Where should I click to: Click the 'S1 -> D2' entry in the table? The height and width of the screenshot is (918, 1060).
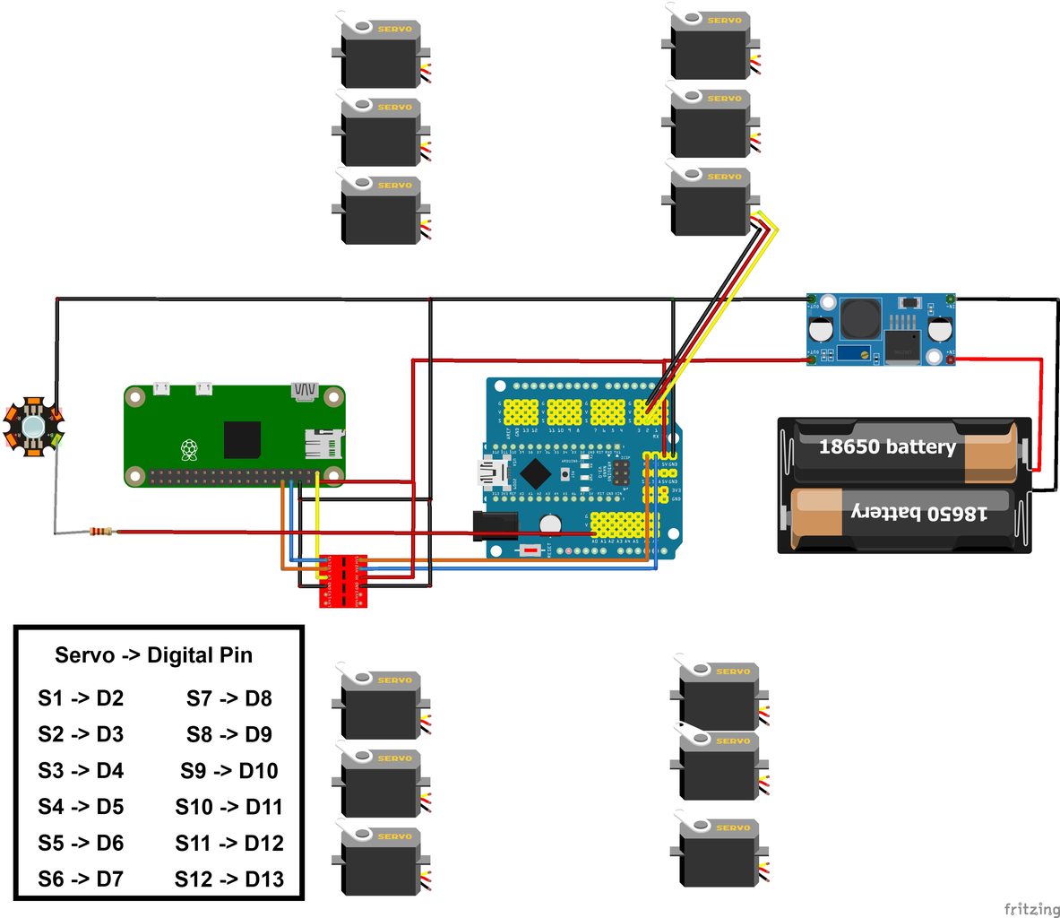pos(81,698)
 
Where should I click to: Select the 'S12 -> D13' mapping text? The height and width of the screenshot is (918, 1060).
pos(229,879)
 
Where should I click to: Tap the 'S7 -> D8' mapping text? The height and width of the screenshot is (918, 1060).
pos(229,698)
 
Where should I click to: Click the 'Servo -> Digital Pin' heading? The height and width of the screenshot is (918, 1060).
pos(153,655)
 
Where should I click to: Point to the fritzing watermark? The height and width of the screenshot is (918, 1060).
pos(1030,909)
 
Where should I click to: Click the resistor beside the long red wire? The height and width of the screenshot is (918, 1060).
pos(100,533)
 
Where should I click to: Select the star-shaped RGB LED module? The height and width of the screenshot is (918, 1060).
pos(33,426)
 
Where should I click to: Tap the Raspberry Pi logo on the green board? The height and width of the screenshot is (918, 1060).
pos(189,449)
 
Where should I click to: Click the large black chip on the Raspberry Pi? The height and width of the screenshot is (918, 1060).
pos(242,439)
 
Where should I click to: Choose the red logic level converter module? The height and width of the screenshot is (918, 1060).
pos(343,580)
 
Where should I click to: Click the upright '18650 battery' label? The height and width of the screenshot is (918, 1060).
pos(887,446)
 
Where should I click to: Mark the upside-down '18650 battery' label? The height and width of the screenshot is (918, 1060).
pos(918,512)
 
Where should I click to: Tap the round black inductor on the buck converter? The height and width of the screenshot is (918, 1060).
pos(860,318)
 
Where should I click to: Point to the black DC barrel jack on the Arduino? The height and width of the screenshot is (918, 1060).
pos(495,526)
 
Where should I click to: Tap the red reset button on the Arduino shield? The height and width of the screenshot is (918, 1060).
pos(532,550)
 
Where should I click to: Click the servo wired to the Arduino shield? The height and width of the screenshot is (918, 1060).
pos(711,200)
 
